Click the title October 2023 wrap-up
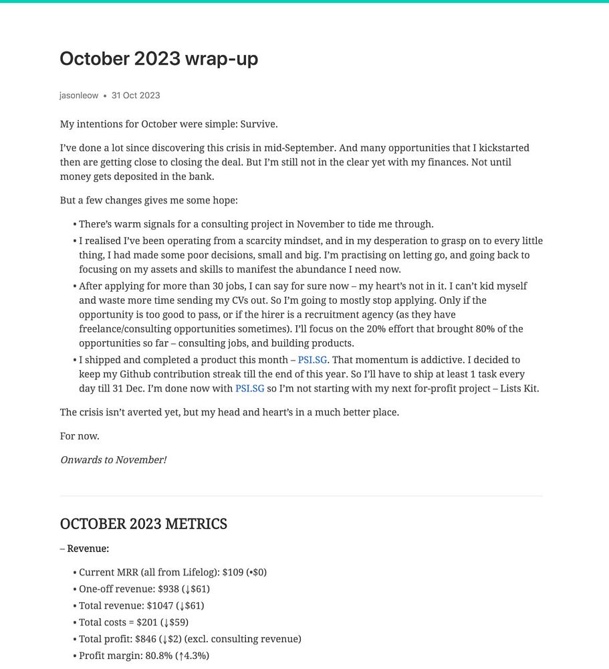pos(158,59)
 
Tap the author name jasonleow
pos(79,96)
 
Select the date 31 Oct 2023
pos(136,96)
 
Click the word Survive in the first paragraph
pos(258,124)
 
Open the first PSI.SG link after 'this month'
pos(312,360)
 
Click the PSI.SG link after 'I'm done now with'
pos(249,389)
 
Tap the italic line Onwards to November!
pos(113,460)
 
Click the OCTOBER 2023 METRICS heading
pos(143,524)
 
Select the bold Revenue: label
pos(88,549)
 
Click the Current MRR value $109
pos(235,573)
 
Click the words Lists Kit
pos(519,389)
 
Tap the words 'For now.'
pos(80,436)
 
